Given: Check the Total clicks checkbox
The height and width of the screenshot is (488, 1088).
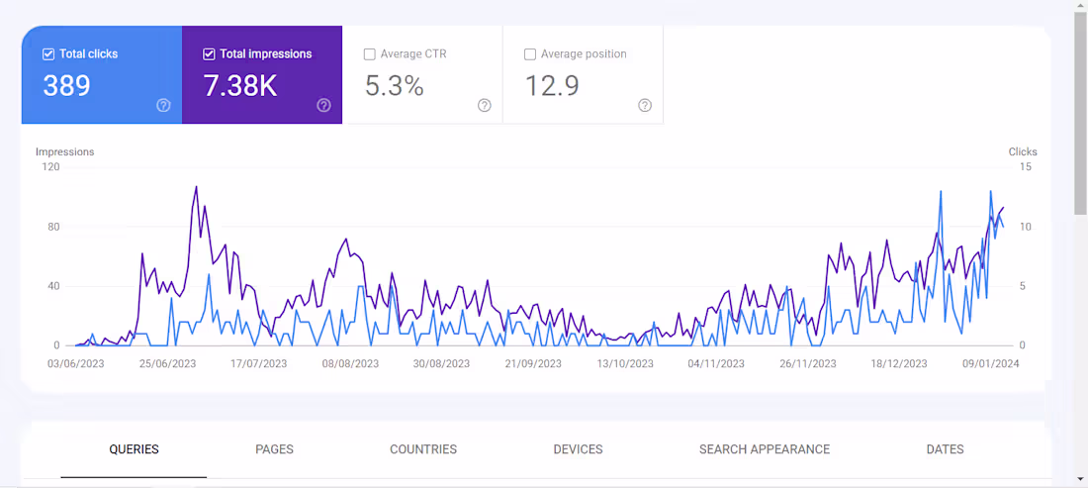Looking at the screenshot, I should [48, 54].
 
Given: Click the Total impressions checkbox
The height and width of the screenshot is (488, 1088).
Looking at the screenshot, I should [209, 54].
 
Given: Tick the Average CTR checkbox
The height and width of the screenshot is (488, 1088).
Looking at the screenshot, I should [370, 54].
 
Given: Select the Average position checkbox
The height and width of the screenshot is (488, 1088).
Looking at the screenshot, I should [530, 54].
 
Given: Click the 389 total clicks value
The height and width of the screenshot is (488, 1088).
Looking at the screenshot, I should [66, 86].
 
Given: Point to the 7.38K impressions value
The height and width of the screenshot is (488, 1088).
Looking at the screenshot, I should [239, 86].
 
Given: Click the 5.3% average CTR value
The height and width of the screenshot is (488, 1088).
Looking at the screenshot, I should [394, 86].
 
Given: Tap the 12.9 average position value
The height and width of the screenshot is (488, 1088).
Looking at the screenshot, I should [552, 86].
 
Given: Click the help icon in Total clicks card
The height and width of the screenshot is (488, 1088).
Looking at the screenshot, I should [164, 106].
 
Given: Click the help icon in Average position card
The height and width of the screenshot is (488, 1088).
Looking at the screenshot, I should [645, 106].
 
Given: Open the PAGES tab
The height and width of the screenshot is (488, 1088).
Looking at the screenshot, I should [274, 449].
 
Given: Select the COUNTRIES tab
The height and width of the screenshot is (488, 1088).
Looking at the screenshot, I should [423, 449].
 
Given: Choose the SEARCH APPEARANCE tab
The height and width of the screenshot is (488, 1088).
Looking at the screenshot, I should [765, 449].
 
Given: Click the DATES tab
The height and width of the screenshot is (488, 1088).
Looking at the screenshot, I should [945, 449].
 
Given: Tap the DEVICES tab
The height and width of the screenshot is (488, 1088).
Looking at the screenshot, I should [578, 449].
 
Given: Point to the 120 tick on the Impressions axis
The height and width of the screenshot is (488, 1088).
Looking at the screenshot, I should [49, 167].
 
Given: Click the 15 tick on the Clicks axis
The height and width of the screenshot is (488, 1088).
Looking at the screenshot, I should [1026, 167].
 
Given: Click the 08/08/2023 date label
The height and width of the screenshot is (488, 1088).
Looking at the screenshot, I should [350, 363].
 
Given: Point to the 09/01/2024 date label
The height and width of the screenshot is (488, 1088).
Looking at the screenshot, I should [991, 363].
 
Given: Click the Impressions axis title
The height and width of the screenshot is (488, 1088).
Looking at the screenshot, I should [64, 151].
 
